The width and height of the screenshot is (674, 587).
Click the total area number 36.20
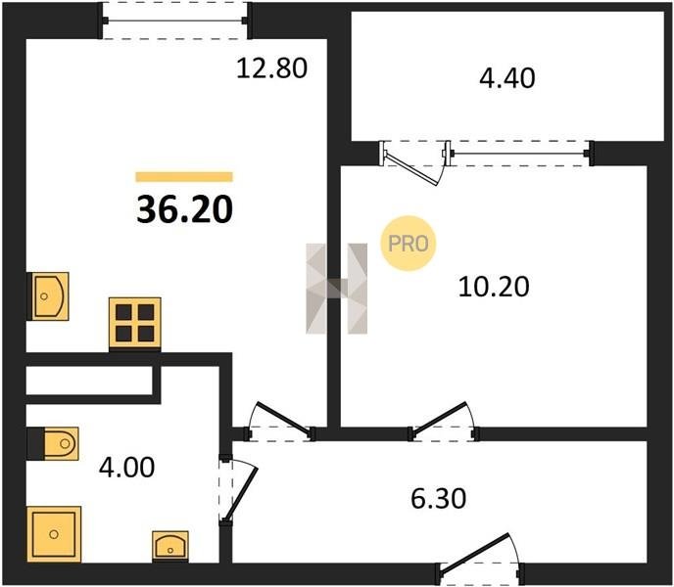pos(185,209)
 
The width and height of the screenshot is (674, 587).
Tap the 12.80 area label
pos(272,68)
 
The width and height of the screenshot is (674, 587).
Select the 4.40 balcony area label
pos(507,78)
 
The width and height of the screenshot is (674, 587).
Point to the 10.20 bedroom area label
pos(494,287)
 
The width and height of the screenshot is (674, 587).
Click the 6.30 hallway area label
pos(439,499)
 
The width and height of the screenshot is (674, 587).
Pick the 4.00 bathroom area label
pos(126,468)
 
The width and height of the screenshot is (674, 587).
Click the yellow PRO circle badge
pos(408,244)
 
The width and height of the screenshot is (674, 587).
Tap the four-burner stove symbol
pos(135,324)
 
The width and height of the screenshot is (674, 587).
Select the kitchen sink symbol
pos(48,296)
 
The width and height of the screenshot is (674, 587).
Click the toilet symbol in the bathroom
pos(53,443)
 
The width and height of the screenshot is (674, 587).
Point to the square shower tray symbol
pos(54,534)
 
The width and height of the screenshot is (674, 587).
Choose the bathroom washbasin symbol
pos(170,546)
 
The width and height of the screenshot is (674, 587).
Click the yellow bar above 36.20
pos(184,177)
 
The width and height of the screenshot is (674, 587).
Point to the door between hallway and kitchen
pos(280,422)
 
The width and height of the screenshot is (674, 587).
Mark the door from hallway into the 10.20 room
pos(444,422)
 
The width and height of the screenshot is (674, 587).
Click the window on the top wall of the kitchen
pos(175,21)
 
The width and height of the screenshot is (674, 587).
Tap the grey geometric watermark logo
pos(337,289)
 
